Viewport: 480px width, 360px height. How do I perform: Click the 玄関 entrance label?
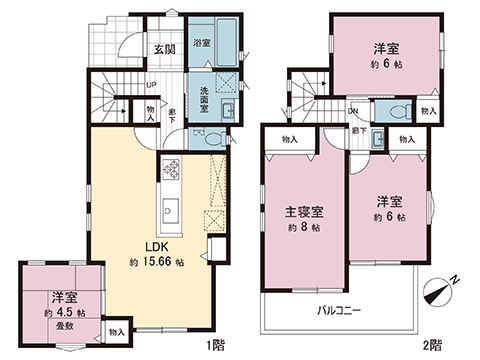pyautogui.click(x=165, y=49)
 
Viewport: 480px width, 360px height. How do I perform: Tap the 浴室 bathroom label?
pyautogui.click(x=201, y=43)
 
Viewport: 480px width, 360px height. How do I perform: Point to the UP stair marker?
pyautogui.click(x=150, y=85)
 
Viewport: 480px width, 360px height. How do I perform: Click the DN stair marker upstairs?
pyautogui.click(x=353, y=110)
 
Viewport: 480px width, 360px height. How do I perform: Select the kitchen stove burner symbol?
pyautogui.click(x=168, y=167)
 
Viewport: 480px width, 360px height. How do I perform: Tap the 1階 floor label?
pyautogui.click(x=214, y=346)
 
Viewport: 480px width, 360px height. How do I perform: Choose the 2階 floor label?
pyautogui.click(x=432, y=346)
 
